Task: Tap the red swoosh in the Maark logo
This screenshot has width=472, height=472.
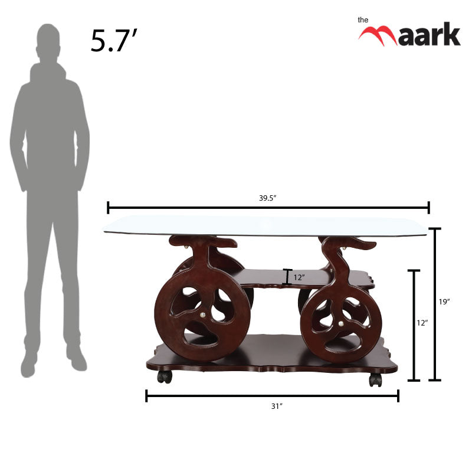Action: [x=378, y=34]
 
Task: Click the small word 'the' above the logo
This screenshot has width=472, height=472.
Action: [x=363, y=19]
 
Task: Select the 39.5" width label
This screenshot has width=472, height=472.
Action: [x=267, y=198]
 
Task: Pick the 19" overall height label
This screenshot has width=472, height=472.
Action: [x=444, y=301]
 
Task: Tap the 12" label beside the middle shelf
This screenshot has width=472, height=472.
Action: [x=300, y=277]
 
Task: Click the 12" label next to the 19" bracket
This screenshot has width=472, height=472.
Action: [x=422, y=323]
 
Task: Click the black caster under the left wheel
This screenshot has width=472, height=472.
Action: [x=165, y=376]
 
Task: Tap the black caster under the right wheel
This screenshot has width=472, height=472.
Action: [x=375, y=379]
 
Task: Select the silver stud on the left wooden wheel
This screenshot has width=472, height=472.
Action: [x=204, y=316]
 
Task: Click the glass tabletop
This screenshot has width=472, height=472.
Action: [x=265, y=225]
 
